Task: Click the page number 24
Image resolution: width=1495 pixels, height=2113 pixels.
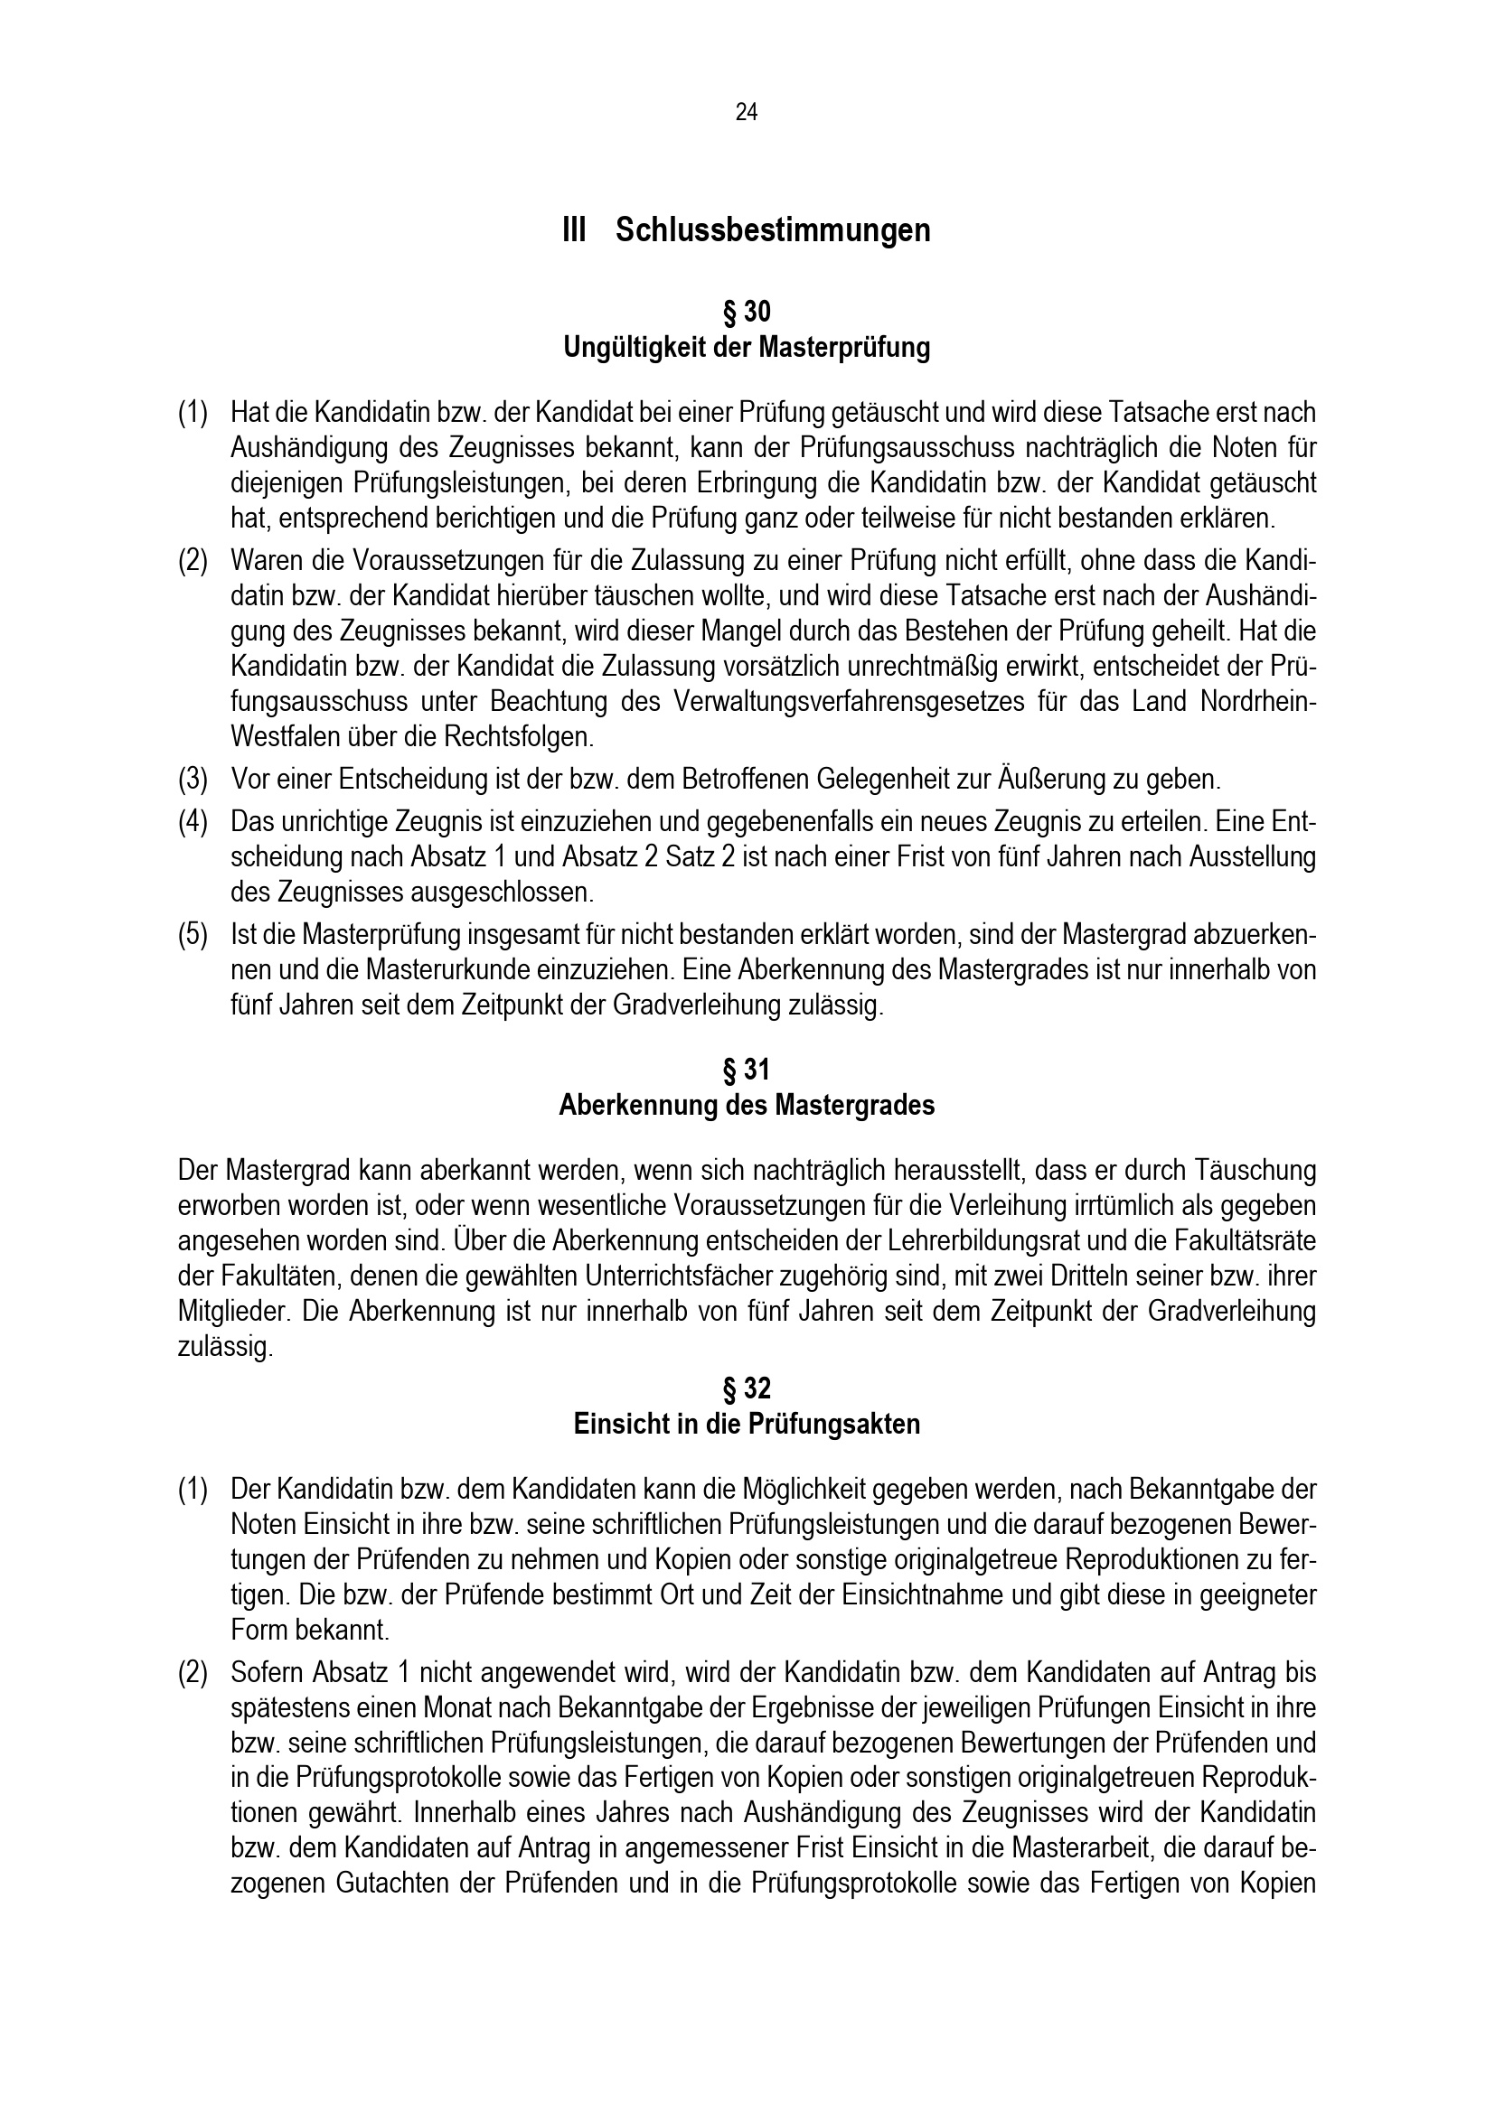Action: (747, 112)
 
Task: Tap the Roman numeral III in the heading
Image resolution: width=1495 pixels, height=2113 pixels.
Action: (574, 230)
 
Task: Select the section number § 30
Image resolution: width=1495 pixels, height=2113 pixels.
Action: (747, 313)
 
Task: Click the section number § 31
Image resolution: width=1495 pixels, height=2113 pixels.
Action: (747, 1071)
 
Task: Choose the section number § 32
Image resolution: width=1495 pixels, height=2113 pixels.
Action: (747, 1388)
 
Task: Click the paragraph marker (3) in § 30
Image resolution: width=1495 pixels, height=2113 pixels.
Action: (193, 781)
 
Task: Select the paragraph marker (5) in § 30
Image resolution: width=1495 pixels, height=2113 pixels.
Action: (193, 935)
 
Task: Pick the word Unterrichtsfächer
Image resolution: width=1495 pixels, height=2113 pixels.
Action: (719, 1276)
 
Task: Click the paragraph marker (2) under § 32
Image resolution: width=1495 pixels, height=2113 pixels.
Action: (193, 1672)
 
